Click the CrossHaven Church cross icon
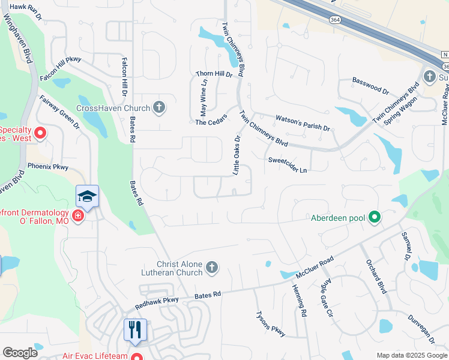158,108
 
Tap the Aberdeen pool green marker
375,217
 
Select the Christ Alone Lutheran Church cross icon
211,268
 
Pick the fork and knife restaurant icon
135,329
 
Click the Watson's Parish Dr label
303,124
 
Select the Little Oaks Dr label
236,155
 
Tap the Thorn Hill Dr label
214,74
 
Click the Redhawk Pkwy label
157,301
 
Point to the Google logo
20,353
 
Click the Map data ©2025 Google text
412,355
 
